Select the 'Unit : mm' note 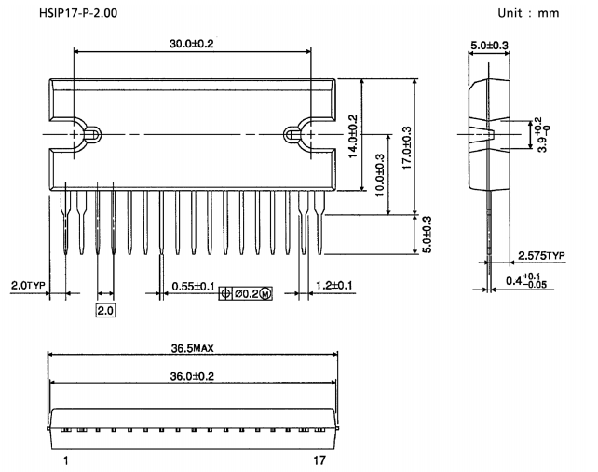(546, 13)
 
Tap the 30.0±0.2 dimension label (192, 44)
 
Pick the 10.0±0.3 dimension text (379, 174)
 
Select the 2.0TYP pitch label (27, 286)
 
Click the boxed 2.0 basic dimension (104, 309)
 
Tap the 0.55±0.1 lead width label (192, 286)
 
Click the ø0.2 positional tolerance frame (246, 293)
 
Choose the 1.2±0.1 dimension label (334, 286)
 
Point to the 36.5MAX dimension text (194, 349)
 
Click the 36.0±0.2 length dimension (193, 376)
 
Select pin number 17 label (319, 461)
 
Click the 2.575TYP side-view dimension (543, 254)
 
